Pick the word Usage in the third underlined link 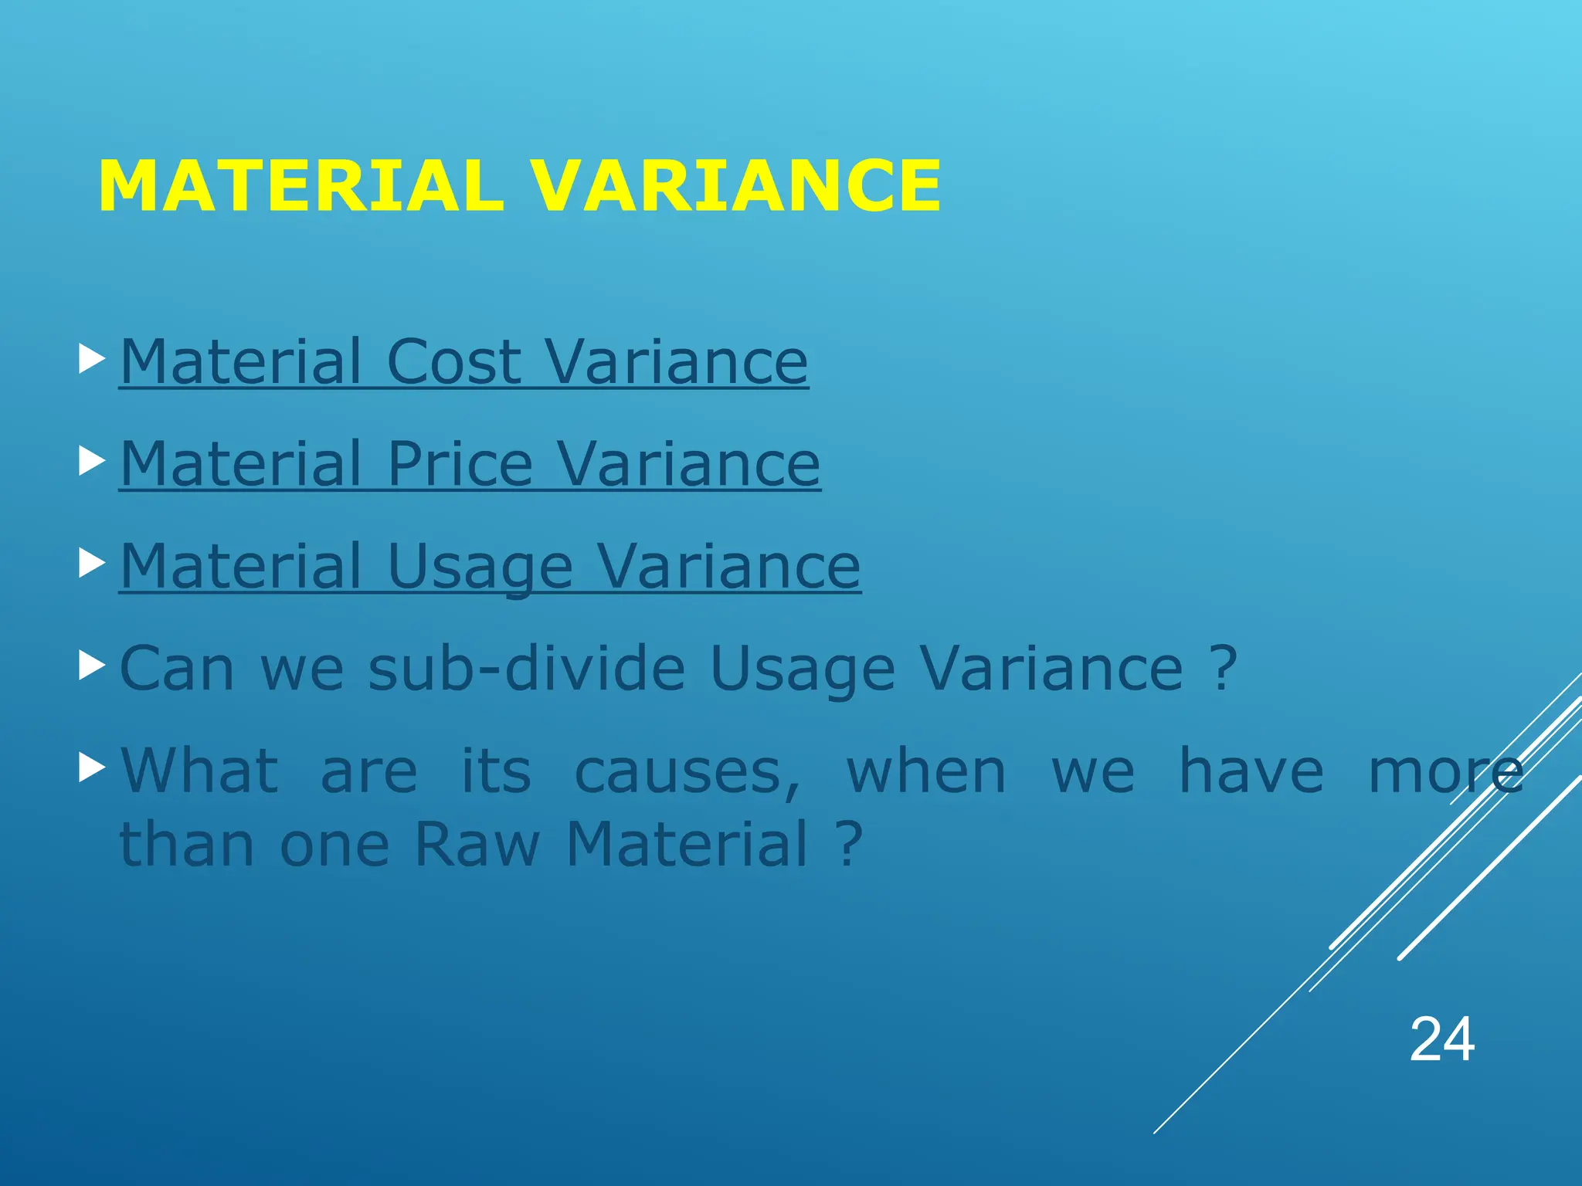[480, 567]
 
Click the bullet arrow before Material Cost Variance [92, 360]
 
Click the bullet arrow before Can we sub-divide [92, 666]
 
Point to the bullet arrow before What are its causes [92, 768]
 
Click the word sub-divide [526, 668]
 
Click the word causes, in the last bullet [687, 771]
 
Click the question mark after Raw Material [848, 843]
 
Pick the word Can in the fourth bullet [177, 668]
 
